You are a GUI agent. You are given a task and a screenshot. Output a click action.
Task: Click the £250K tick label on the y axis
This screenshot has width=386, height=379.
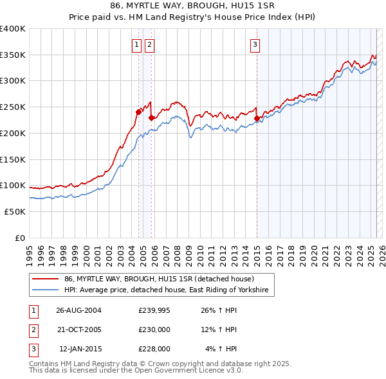coord(13,107)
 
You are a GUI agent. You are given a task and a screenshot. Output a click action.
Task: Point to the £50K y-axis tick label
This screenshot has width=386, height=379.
coord(15,211)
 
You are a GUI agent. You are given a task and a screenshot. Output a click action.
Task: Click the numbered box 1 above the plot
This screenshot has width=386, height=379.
coord(138,45)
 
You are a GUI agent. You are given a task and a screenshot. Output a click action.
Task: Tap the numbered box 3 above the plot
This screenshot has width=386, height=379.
coord(255,45)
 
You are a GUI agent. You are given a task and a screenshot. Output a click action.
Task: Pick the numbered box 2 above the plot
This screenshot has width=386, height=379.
coord(149,45)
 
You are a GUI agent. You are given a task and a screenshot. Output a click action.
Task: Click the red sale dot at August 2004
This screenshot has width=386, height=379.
coord(138,112)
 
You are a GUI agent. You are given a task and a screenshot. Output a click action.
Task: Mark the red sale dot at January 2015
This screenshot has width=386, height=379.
coord(257,118)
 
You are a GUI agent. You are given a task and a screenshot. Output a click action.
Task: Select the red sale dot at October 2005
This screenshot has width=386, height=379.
coord(151,117)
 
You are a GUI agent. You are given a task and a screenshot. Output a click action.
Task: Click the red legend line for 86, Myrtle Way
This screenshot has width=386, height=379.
coord(46,279)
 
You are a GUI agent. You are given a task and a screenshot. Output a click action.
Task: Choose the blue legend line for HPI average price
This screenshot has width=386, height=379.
coord(46,291)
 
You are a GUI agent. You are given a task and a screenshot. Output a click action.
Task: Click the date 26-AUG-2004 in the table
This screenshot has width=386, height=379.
coord(78,310)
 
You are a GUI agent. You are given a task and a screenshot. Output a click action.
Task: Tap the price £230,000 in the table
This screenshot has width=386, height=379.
coord(154,330)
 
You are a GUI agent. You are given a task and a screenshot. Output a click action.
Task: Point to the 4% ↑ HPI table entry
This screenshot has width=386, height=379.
coord(221,349)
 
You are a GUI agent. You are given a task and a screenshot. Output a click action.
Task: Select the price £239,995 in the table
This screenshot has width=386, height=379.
coord(154,310)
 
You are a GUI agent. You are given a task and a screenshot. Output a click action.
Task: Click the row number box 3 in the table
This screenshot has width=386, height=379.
coord(32,349)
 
